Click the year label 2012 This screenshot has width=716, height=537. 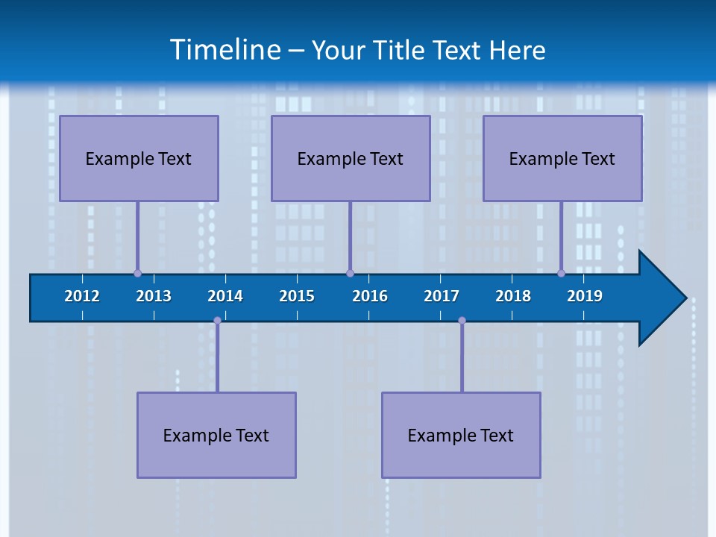[x=82, y=296]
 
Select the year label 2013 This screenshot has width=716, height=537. [x=154, y=296]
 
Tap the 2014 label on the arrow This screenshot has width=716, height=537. [x=225, y=296]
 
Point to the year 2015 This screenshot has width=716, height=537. [x=297, y=296]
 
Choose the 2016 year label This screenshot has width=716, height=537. [x=370, y=296]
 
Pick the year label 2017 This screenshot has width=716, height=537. [x=442, y=296]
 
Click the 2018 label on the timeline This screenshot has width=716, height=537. [x=513, y=296]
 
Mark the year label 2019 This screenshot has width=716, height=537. [x=585, y=296]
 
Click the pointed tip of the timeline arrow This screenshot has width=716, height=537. [x=684, y=298]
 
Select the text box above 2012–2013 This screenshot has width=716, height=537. [x=139, y=158]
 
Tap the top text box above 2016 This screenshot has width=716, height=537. [x=351, y=158]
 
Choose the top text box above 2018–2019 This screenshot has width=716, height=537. [x=562, y=158]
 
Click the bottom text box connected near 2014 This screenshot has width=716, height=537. [x=216, y=435]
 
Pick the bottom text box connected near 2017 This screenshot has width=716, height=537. [x=461, y=435]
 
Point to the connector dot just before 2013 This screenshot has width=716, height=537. [x=137, y=273]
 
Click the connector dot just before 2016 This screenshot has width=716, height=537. [x=350, y=273]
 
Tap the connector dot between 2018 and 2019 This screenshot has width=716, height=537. [x=561, y=273]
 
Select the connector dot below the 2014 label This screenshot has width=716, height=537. [x=217, y=321]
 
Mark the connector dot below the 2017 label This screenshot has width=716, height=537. [x=462, y=321]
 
